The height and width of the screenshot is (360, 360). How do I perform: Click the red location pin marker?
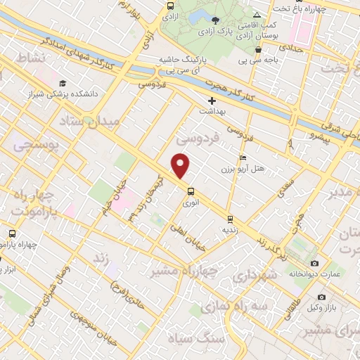(x=181, y=166)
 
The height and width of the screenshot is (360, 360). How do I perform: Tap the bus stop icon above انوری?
(x=191, y=191)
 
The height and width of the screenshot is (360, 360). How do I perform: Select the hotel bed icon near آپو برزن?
(x=243, y=157)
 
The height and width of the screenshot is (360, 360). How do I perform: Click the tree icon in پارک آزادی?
(x=215, y=20)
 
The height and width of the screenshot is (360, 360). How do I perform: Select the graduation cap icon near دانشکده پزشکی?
(x=63, y=82)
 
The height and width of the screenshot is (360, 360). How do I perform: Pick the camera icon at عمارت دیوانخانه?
(x=314, y=263)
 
